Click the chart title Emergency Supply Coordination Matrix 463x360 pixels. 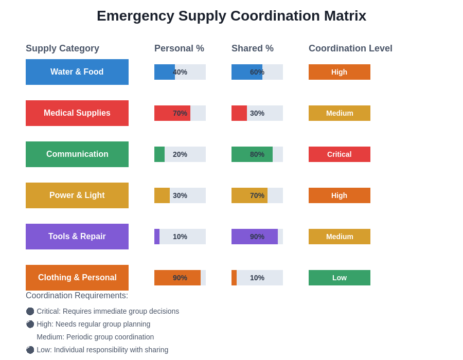point(232,16)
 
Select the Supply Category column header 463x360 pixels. point(62,48)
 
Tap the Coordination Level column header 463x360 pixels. point(350,48)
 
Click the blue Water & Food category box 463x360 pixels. point(77,72)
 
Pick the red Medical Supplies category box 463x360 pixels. point(77,113)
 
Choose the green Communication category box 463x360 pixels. point(77,154)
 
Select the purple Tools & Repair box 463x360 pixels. point(77,237)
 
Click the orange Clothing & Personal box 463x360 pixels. point(77,278)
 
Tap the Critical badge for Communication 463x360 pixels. point(340,154)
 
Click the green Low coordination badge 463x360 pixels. point(340,278)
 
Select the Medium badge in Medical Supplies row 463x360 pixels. point(340,113)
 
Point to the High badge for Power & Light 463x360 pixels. point(340,195)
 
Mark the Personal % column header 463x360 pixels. point(179,48)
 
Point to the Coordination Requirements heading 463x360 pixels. point(77,296)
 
